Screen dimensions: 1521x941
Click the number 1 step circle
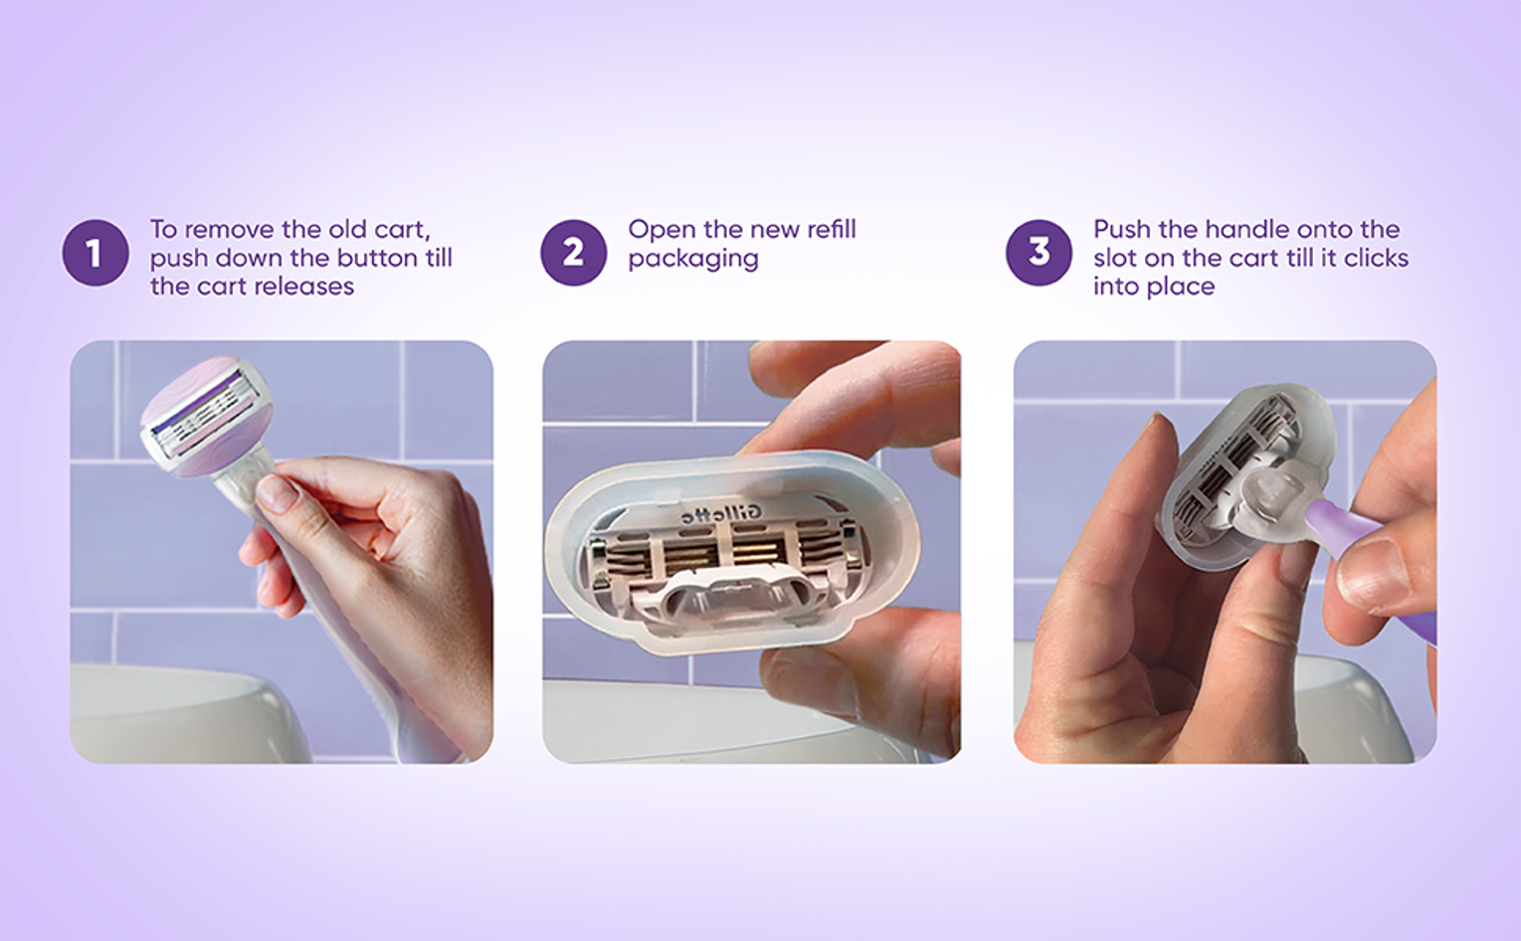click(x=95, y=253)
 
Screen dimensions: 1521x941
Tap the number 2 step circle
click(x=573, y=253)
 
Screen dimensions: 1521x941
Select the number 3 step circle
click(x=1039, y=253)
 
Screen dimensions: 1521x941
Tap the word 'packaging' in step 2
click(x=693, y=260)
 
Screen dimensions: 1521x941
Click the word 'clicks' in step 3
click(x=1377, y=258)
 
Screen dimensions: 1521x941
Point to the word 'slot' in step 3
click(x=1114, y=258)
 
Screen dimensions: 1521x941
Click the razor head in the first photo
click(x=207, y=416)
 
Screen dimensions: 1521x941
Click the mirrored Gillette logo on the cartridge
click(x=711, y=514)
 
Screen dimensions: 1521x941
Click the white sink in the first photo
click(x=183, y=713)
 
